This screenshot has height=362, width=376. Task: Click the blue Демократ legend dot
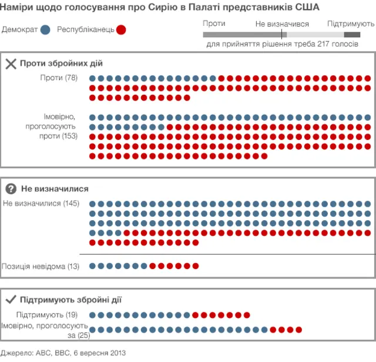click(45, 29)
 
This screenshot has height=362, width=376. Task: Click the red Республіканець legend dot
click(121, 29)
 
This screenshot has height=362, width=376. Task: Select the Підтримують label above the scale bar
click(351, 24)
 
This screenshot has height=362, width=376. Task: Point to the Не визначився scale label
click(283, 24)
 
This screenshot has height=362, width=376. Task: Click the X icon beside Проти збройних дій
click(11, 64)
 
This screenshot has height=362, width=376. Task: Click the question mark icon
click(11, 189)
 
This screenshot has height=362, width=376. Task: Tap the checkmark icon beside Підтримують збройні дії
click(11, 300)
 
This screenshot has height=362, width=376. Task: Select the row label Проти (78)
click(61, 78)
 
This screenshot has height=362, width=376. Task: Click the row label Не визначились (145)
click(41, 204)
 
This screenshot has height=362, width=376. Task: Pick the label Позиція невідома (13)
click(41, 266)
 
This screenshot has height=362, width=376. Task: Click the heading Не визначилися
click(55, 189)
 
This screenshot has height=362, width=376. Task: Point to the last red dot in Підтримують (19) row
click(247, 314)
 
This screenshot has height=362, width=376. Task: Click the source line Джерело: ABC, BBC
click(63, 353)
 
